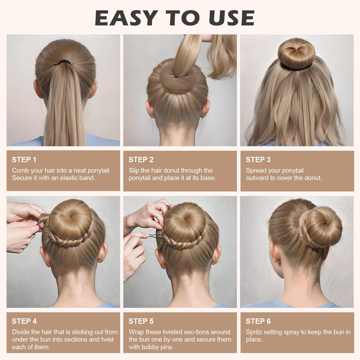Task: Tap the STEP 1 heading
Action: coord(24,159)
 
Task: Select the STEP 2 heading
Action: coord(141,159)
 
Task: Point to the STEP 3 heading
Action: coord(258,159)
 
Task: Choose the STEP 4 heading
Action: coord(24,321)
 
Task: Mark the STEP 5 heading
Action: coord(141,321)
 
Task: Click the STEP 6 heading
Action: coord(258,321)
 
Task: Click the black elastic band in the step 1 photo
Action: coord(64,62)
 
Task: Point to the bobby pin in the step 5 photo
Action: coord(156,236)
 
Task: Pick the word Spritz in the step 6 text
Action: coord(254,332)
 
